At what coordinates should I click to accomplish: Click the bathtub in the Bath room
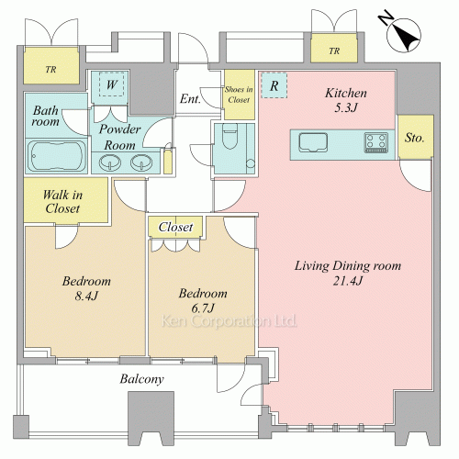[56, 156]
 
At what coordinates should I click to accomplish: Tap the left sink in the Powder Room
[110, 162]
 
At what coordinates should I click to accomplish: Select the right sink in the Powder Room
[141, 162]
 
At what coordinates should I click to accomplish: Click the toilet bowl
[229, 137]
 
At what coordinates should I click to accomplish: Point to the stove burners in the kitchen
[376, 142]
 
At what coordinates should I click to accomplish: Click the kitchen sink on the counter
[313, 142]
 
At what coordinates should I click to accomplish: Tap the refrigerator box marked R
[274, 85]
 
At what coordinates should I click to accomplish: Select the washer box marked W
[112, 84]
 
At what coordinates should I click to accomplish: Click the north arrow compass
[403, 34]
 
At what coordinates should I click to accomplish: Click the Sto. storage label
[415, 138]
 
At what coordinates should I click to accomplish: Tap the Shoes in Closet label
[239, 95]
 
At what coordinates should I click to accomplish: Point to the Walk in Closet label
[62, 201]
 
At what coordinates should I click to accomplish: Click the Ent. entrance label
[190, 99]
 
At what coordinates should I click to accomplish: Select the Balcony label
[141, 379]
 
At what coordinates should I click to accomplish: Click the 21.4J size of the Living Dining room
[348, 281]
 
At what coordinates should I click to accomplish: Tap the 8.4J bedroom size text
[86, 296]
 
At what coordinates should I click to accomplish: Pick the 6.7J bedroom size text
[203, 308]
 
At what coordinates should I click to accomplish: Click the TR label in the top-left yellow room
[51, 70]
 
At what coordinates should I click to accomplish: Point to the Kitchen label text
[346, 93]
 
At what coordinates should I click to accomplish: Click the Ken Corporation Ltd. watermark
[229, 321]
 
